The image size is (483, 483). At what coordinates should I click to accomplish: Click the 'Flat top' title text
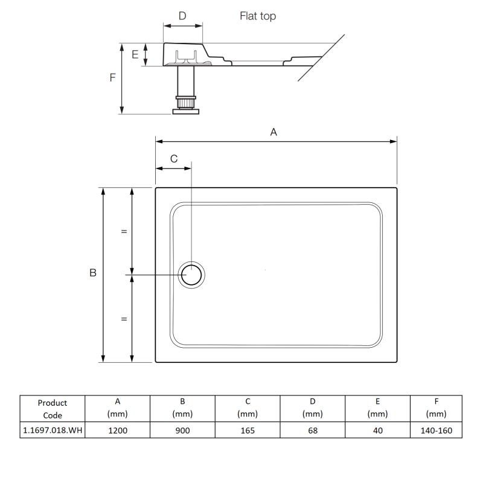tap(258, 16)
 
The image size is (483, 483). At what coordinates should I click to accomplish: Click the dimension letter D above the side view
tap(182, 16)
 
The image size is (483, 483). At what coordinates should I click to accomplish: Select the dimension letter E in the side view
tap(135, 54)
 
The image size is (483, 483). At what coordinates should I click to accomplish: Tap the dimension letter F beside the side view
tap(112, 78)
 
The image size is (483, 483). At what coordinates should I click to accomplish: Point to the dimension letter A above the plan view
tap(273, 132)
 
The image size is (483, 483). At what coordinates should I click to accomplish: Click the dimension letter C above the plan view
tap(174, 159)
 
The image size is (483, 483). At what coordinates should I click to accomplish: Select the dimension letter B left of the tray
tap(93, 273)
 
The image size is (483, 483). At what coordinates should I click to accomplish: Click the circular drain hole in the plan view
tap(192, 275)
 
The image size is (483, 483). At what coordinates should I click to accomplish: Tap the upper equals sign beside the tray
tap(124, 231)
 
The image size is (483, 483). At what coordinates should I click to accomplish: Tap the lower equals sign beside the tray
tap(124, 319)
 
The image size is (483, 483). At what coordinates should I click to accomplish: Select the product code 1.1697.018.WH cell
tap(52, 430)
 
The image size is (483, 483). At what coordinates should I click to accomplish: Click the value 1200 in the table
tap(118, 430)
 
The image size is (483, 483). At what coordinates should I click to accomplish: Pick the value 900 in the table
tap(182, 430)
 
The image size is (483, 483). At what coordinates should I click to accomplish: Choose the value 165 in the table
tap(248, 430)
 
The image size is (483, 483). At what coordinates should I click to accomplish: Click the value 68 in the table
tap(312, 430)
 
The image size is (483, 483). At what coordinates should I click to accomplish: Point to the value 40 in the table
tap(377, 430)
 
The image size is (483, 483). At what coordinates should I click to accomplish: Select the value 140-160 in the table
tap(436, 430)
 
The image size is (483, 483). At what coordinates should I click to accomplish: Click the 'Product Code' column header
tap(52, 408)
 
